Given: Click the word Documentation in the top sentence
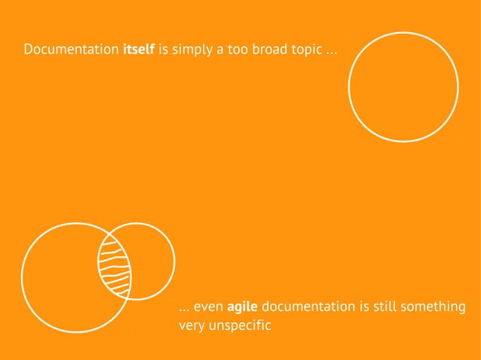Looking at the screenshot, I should click(x=70, y=51).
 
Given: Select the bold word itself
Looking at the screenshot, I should click(x=139, y=51).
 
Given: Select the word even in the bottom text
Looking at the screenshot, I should click(x=209, y=307).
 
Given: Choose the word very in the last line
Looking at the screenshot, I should click(x=191, y=326).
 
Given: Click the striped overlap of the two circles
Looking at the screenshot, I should click(x=115, y=266).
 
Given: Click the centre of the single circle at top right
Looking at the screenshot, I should click(x=403, y=87).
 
